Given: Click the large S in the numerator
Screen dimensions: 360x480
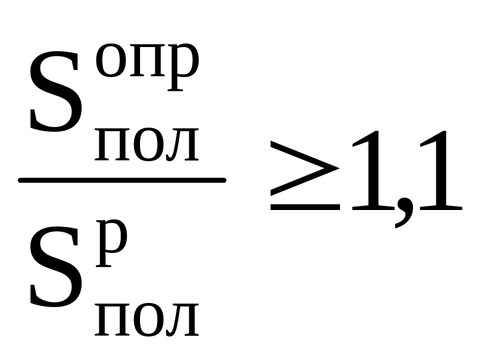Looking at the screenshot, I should [x=55, y=93].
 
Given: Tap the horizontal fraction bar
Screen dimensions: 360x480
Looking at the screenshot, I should [x=122, y=180].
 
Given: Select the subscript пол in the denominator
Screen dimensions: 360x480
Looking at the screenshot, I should [x=147, y=319].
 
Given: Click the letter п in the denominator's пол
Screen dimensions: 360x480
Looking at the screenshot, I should [x=112, y=319].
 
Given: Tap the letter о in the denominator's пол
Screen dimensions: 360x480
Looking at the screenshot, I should [x=147, y=319].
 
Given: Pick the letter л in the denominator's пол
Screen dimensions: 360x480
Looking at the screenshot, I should [x=182, y=319].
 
